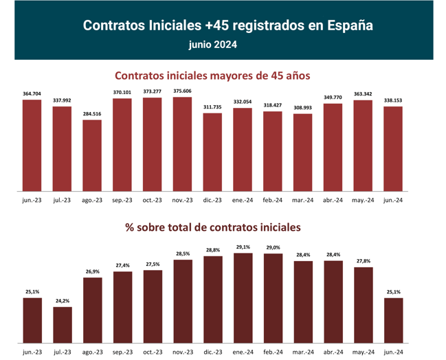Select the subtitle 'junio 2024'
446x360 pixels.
click(213, 45)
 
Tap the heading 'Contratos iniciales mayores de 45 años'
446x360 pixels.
click(212, 76)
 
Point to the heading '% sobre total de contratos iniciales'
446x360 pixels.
click(212, 226)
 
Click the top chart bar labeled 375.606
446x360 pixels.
click(182, 144)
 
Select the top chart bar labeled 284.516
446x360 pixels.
click(92, 156)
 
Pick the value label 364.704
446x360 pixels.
click(32, 93)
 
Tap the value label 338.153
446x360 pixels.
click(393, 100)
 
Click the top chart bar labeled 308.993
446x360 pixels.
click(302, 153)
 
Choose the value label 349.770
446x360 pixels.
click(333, 98)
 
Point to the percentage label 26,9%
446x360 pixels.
click(92, 271)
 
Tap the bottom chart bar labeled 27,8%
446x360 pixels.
click(363, 306)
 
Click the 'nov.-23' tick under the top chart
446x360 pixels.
click(182, 200)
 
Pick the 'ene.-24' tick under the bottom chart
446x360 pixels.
click(243, 352)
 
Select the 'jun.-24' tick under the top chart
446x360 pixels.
click(393, 200)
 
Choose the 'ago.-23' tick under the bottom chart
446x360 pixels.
click(92, 352)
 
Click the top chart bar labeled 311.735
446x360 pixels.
click(212, 153)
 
